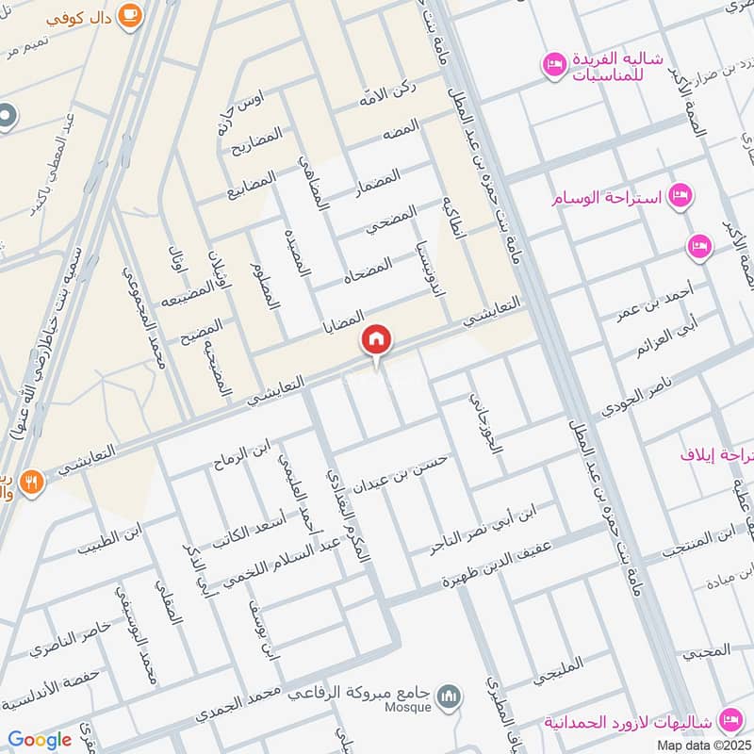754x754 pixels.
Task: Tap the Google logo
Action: (40, 739)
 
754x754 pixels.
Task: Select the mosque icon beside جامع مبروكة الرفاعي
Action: (451, 695)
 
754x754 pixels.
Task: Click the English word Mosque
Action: (407, 707)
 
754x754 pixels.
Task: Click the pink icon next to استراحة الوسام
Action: (677, 196)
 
